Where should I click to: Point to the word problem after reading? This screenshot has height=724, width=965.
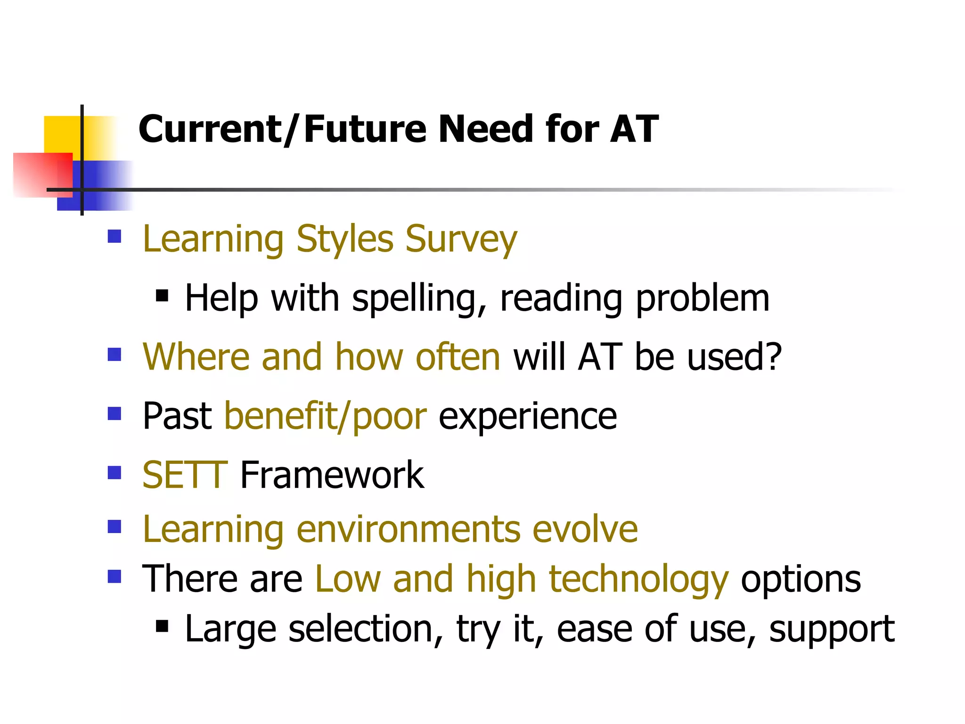pyautogui.click(x=702, y=299)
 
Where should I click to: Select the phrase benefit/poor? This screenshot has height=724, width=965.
pyautogui.click(x=326, y=417)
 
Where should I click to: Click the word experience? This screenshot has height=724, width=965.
pyautogui.click(x=527, y=417)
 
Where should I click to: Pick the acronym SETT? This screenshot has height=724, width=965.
pyautogui.click(x=185, y=475)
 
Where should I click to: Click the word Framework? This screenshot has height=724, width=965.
pyautogui.click(x=332, y=475)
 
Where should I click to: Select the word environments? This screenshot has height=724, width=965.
pyautogui.click(x=408, y=529)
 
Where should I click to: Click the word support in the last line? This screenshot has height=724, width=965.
pyautogui.click(x=832, y=629)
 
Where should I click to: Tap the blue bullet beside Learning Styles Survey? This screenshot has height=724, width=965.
pyautogui.click(x=114, y=236)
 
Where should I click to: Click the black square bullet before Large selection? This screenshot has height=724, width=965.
pyautogui.click(x=162, y=626)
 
